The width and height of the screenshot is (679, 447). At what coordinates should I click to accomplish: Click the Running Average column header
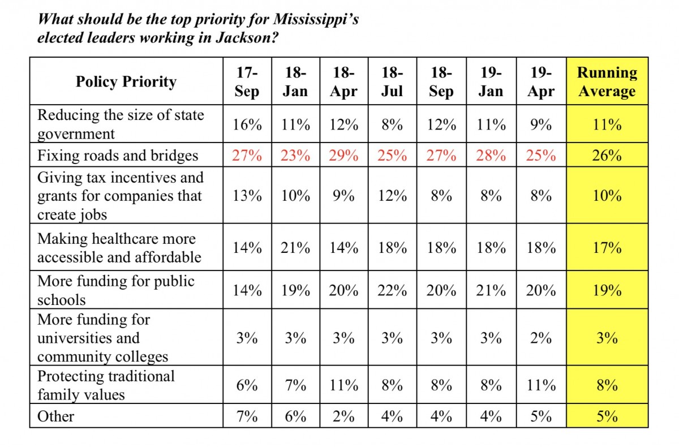[x=607, y=81]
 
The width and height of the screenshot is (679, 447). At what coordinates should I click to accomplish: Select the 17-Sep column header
[x=247, y=81]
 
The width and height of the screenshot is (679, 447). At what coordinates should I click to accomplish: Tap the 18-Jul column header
[x=392, y=81]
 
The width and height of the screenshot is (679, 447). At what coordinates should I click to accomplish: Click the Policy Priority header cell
[x=126, y=81]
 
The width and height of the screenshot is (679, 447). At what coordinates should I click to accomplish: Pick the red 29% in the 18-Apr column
[x=344, y=156]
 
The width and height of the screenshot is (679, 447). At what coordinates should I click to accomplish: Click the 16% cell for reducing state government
[x=247, y=124]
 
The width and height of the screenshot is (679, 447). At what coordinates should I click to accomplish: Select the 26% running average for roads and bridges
[x=607, y=156]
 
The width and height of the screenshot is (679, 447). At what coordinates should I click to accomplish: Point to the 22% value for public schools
[x=392, y=290]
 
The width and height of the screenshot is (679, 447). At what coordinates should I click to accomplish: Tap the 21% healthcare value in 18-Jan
[x=295, y=248]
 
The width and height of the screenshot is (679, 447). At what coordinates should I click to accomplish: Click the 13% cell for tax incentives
[x=247, y=195]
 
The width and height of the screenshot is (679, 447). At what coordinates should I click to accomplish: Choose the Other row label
[x=56, y=416]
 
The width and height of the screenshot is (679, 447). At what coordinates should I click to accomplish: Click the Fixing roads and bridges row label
[x=118, y=156]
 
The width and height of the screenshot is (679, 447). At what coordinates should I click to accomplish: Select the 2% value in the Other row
[x=344, y=416]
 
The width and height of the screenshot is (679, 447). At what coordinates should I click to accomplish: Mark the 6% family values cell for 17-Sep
[x=247, y=385]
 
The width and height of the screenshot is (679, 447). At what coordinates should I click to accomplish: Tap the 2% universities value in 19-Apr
[x=541, y=338]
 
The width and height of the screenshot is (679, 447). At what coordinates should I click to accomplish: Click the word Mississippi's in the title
[x=316, y=20]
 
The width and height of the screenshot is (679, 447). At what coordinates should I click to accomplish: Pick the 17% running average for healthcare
[x=607, y=248]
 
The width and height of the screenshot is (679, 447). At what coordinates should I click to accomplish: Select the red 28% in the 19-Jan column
[x=491, y=156]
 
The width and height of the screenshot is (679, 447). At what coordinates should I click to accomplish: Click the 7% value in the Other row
[x=247, y=416]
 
